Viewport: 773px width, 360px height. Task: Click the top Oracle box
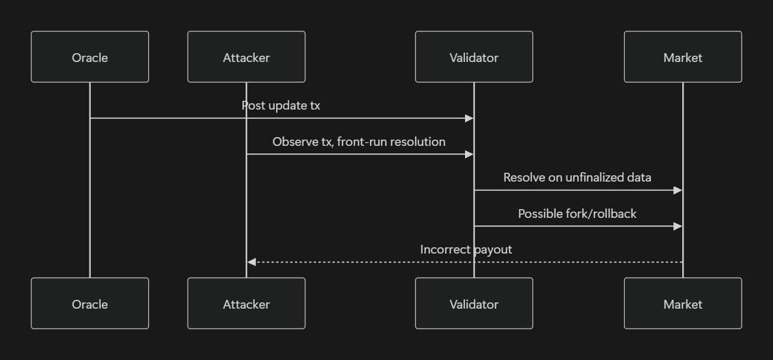point(90,57)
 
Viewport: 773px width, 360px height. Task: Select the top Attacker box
point(246,57)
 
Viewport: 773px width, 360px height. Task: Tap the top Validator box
point(474,57)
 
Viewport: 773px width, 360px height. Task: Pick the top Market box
point(682,57)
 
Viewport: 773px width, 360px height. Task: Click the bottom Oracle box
point(90,304)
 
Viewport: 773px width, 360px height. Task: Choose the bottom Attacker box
point(246,304)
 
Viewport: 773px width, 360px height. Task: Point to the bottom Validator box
point(474,304)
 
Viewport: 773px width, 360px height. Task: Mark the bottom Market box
point(682,304)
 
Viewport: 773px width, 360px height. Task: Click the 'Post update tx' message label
point(281,106)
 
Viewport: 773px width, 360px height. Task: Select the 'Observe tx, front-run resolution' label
point(359,142)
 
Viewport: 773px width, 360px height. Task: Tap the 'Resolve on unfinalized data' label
point(577,178)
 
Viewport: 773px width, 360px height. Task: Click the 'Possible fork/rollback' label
point(577,214)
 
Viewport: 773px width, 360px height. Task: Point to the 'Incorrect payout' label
point(466,250)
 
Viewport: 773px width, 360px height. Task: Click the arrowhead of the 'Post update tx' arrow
point(469,118)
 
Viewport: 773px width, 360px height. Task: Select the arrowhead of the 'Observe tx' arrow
point(469,154)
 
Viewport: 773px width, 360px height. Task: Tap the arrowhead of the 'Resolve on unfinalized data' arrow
point(677,190)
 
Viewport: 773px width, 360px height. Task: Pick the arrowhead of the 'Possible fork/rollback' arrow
point(677,226)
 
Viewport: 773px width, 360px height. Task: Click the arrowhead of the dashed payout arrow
point(252,262)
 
